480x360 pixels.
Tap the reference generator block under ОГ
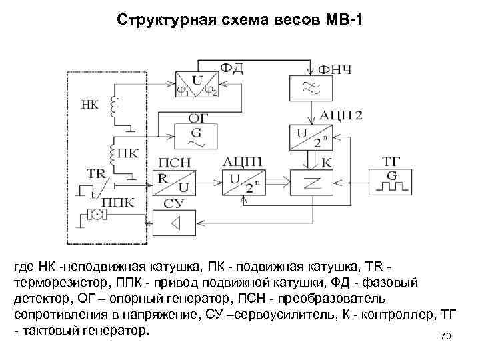[196, 136]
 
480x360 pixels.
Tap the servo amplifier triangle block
[176, 221]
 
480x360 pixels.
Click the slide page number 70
[446, 337]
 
